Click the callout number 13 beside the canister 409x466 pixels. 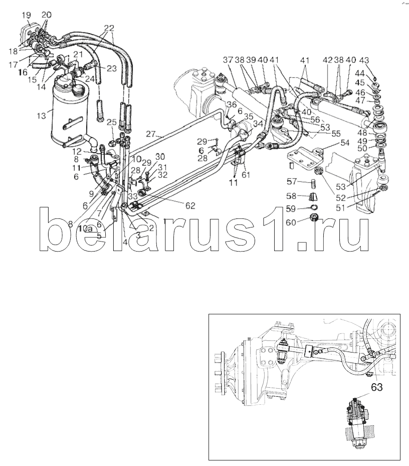point(41,115)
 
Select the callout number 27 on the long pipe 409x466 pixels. point(150,134)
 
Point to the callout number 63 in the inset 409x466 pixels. point(376,387)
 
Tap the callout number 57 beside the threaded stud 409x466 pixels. point(292,181)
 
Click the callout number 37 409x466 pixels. point(229,60)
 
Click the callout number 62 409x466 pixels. point(190,205)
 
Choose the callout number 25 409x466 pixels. point(112,122)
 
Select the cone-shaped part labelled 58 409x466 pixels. point(314,197)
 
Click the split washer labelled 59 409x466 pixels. point(314,207)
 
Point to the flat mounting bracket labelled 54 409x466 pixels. point(305,157)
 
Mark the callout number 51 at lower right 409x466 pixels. point(341,207)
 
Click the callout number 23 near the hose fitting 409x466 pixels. point(112,68)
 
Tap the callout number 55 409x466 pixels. point(335,134)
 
